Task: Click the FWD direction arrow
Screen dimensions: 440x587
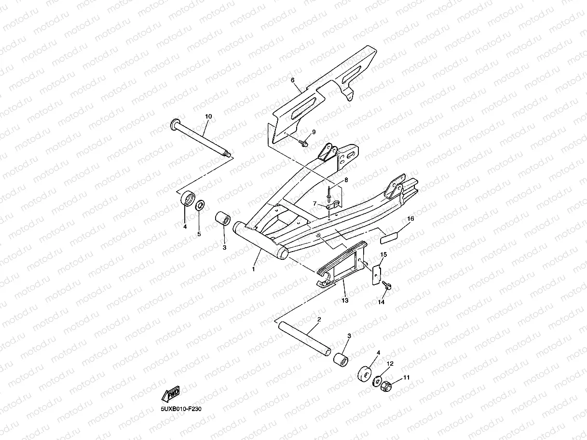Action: pos(171,394)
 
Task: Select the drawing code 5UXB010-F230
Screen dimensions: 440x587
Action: pos(181,409)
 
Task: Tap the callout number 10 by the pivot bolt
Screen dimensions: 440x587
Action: pos(208,117)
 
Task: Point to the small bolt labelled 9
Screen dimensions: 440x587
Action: pos(304,143)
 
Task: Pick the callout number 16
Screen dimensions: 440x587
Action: pos(410,218)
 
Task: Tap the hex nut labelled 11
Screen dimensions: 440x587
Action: pos(386,386)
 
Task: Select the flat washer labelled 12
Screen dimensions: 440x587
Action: pos(377,381)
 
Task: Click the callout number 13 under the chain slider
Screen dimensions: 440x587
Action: pos(344,300)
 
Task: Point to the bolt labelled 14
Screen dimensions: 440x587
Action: pos(387,287)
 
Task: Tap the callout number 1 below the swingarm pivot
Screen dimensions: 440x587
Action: pos(253,269)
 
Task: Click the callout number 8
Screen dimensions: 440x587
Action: pos(345,180)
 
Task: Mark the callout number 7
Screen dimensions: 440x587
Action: pos(314,204)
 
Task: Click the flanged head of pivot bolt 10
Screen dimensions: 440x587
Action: pos(174,125)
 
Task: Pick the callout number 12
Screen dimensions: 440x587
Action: pos(391,364)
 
